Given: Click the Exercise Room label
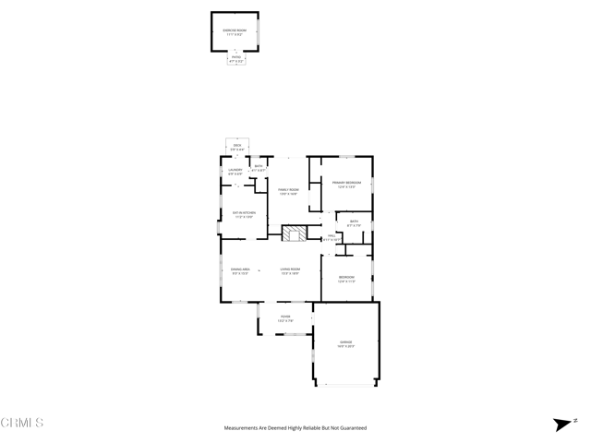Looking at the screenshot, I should coord(235,30).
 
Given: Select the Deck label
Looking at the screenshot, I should coord(237,147).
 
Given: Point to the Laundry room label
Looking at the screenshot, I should coord(235,171).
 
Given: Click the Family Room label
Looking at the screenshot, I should coord(288,191).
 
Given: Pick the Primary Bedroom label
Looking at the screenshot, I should coord(346,185).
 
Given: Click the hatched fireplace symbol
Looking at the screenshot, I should coord(295,233).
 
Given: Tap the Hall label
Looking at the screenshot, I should coord(332,237).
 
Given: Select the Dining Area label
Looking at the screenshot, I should coord(240,271).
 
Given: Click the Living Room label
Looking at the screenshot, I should coord(290,271).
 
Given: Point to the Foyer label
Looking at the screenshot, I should coord(286,318).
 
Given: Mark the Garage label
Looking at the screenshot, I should coord(345,343).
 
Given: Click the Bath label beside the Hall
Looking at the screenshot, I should coord(354,222).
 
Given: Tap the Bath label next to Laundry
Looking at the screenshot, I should coord(259,168).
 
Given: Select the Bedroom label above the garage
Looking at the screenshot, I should coord(346,279).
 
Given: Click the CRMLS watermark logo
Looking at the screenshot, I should coord(22,423).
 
